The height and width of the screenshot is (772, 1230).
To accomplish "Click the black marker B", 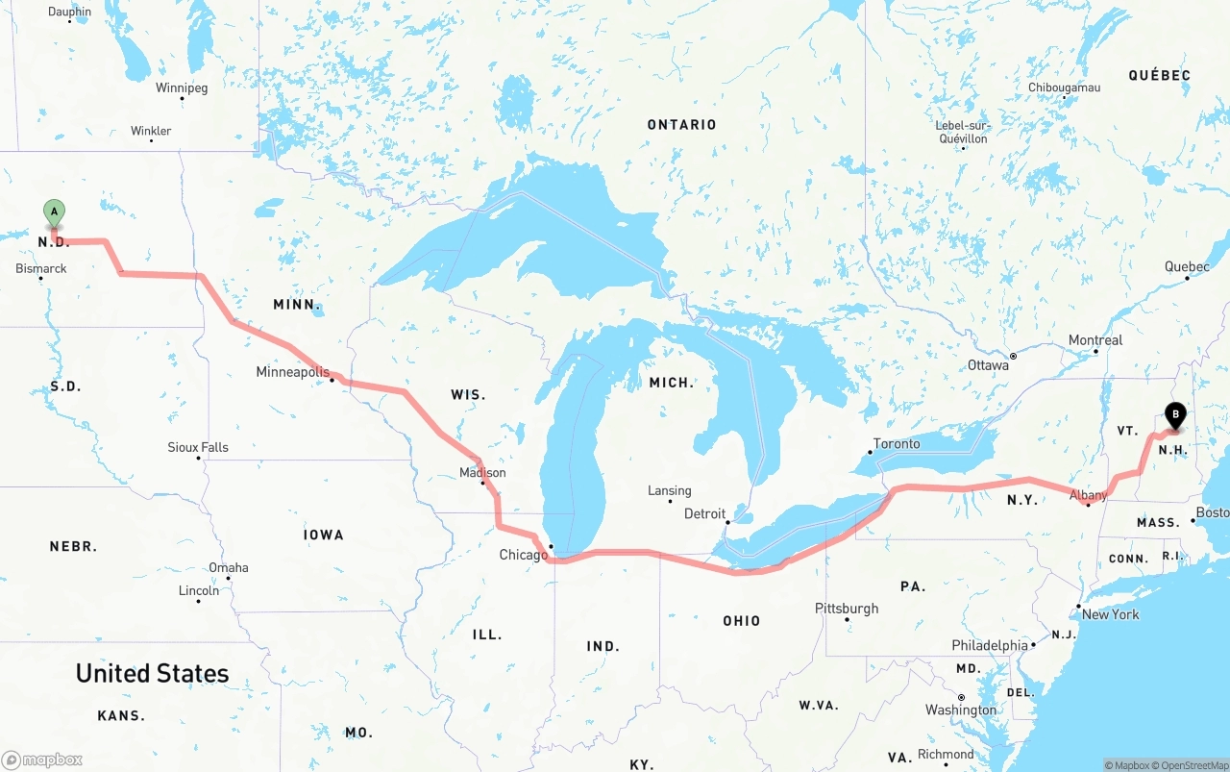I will point(1174,415).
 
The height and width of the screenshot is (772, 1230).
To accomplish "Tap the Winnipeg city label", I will point(182,87).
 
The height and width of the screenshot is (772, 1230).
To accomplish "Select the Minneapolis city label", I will point(292,372).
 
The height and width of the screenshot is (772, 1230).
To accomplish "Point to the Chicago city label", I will point(523,555).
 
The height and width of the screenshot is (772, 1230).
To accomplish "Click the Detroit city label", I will point(704,513).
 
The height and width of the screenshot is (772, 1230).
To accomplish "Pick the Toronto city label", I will point(897,443).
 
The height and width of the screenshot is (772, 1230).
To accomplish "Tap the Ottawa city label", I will point(988,365).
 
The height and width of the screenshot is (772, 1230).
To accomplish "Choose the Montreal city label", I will point(1095,340).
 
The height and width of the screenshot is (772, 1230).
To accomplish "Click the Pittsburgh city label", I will point(847,609).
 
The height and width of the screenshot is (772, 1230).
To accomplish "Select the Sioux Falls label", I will point(198,447).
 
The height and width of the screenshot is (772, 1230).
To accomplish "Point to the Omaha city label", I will point(229,567).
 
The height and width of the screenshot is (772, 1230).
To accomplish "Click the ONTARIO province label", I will point(681,125).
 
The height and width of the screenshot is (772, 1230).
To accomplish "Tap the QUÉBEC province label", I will point(1159,75).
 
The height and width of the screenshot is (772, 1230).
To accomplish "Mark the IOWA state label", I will point(323,535).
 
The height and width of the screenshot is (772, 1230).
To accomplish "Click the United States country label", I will point(153,673).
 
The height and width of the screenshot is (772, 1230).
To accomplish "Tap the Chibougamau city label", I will point(1064,87).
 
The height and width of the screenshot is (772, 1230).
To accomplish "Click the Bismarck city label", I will point(41,268).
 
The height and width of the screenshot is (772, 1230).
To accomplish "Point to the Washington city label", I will point(961,710).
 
